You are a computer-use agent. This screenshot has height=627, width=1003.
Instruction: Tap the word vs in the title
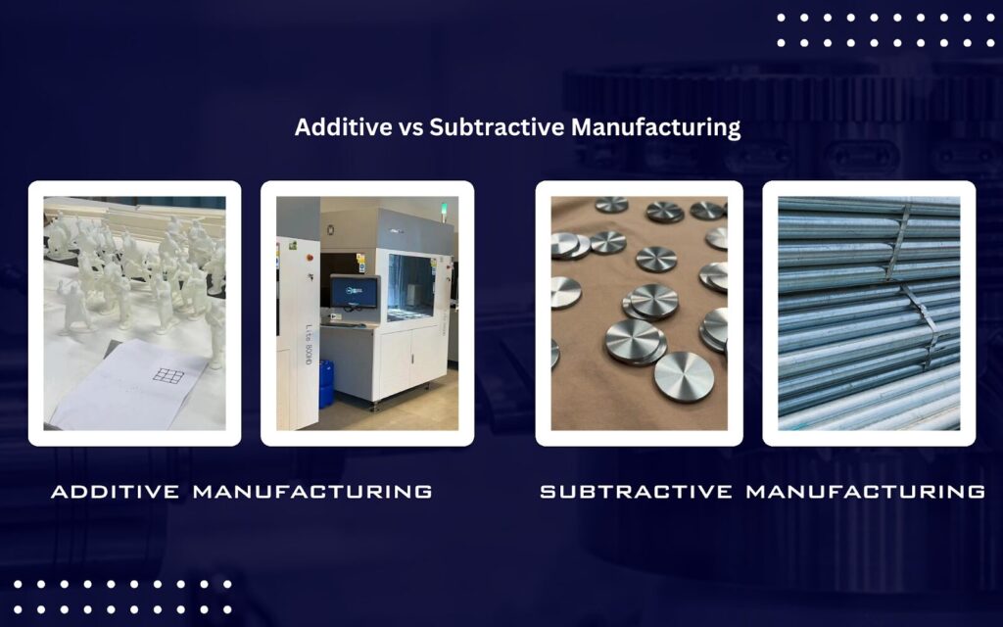[x=410, y=128]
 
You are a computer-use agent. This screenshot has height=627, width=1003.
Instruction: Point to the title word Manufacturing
[x=655, y=127]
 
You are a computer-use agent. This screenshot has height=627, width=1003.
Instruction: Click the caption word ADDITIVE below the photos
[x=116, y=492]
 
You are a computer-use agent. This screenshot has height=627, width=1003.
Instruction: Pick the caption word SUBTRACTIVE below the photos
[x=636, y=492]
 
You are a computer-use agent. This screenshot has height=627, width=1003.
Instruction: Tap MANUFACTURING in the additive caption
[x=312, y=492]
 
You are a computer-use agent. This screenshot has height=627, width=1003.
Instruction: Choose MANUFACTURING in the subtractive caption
[x=866, y=492]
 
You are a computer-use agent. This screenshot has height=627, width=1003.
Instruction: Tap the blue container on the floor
[x=326, y=383]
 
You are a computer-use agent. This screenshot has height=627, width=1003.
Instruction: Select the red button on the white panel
[x=310, y=258]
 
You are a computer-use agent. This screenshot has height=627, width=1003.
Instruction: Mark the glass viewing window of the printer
[x=410, y=287]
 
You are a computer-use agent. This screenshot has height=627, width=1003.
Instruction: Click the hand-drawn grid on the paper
[x=168, y=375]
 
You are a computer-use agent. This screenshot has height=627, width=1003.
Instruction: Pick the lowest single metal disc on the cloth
[x=684, y=375]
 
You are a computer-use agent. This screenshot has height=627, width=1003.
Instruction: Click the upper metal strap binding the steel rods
[x=899, y=242]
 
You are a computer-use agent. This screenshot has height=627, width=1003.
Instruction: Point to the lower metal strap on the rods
[x=921, y=326]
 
